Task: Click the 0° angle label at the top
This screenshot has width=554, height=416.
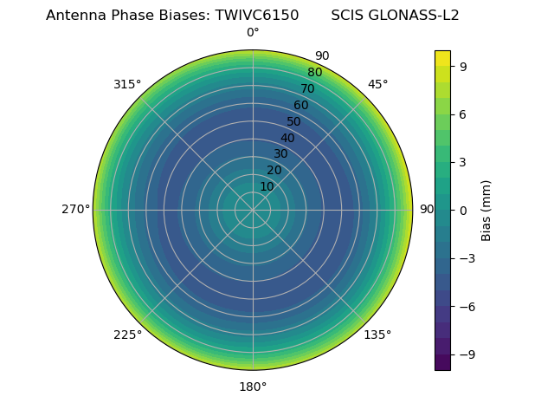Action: coord(253,33)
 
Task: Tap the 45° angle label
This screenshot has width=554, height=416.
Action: coord(377,84)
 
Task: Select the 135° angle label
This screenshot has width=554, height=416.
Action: coord(377,335)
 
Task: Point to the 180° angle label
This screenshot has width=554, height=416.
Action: coord(253,387)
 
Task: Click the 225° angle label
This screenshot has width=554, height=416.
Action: coord(127,335)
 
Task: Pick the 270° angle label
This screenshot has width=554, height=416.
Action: coord(75,210)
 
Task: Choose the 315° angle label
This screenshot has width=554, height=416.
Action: coord(127,84)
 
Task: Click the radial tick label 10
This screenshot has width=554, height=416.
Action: coord(267,186)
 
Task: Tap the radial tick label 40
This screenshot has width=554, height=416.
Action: coord(287,138)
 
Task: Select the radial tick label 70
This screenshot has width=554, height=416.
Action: coord(307,88)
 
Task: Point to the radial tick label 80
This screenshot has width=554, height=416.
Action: coord(314,72)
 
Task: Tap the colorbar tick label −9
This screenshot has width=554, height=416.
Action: coord(466,354)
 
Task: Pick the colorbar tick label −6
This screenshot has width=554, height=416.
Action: coord(466,306)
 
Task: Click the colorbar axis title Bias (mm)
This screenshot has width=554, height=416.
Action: coord(486,210)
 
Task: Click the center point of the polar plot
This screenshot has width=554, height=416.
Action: coord(253,210)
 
